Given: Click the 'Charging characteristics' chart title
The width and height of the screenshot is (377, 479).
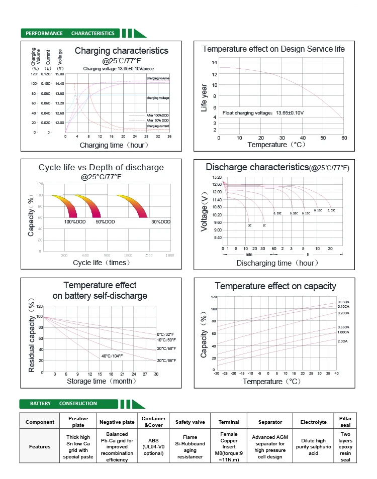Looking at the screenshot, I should click(x=121, y=51).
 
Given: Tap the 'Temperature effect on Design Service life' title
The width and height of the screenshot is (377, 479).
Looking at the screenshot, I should click(x=273, y=49).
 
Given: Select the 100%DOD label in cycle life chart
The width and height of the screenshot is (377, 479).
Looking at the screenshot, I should click(x=74, y=221).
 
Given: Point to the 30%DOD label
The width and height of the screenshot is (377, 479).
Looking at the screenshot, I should click(x=161, y=221).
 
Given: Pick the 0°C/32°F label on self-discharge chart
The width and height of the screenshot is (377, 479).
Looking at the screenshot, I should click(x=166, y=334).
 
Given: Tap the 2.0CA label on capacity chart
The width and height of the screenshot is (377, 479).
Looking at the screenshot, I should click(x=342, y=341).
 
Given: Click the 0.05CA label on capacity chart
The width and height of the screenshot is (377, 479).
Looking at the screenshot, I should click(x=343, y=301).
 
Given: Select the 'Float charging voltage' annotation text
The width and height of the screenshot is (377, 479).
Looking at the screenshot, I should click(x=263, y=112).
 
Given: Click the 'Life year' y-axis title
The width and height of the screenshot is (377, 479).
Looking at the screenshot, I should click(x=204, y=99).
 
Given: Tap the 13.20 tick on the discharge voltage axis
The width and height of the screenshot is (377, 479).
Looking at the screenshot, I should click(x=217, y=177).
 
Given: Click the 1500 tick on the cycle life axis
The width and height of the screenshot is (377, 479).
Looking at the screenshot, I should click(x=148, y=255).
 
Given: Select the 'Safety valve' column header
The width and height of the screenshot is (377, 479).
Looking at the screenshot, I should click(x=190, y=422).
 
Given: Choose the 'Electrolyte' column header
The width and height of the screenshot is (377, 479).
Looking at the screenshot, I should click(x=313, y=422).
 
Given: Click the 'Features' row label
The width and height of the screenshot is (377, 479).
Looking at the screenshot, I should click(x=40, y=446).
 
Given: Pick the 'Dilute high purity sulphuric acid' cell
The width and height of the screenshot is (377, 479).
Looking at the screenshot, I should click(x=313, y=446).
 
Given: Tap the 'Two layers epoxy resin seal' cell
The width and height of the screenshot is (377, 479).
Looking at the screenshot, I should click(x=345, y=446).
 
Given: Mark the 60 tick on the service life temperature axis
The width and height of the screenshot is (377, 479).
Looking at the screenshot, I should click(x=344, y=138).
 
